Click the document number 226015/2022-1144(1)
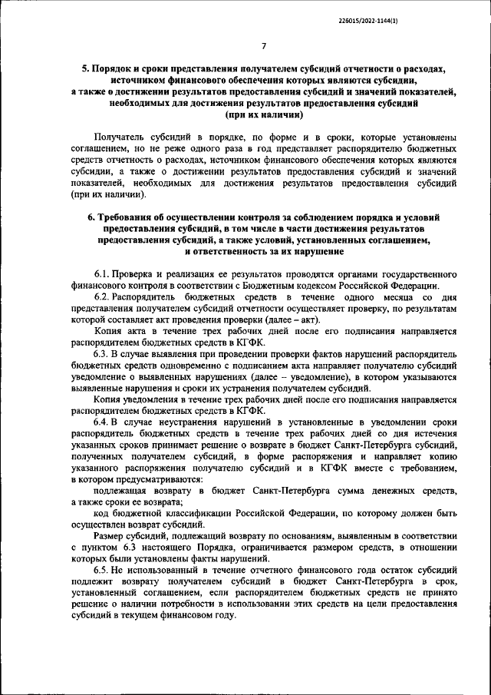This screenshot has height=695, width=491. click(x=367, y=21)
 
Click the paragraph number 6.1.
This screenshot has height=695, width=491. click(x=103, y=274)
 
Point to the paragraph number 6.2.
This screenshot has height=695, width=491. click(x=103, y=296)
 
